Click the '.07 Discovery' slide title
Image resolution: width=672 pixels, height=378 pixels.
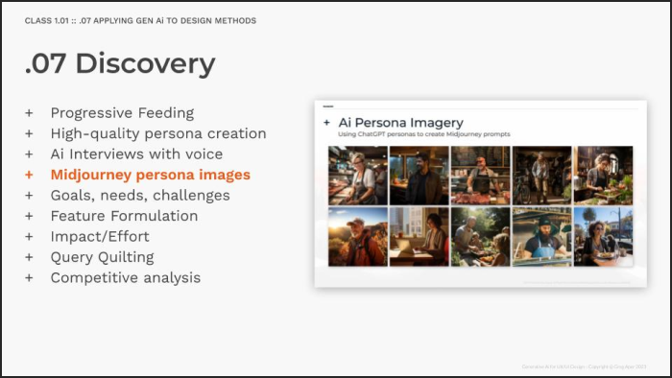tap(120, 63)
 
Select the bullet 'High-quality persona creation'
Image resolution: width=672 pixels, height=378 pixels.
tap(158, 133)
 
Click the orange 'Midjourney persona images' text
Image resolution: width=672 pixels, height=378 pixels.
tap(150, 175)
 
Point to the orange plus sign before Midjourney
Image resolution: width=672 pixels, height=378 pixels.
tap(29, 175)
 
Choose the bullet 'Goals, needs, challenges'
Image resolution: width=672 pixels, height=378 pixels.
tap(140, 196)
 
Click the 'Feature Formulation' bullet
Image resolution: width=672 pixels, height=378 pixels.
tap(124, 216)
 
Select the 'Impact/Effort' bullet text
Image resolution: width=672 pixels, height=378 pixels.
tap(100, 236)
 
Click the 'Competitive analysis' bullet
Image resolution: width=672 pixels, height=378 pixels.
tap(126, 277)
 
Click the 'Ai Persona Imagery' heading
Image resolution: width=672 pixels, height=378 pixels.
tap(400, 123)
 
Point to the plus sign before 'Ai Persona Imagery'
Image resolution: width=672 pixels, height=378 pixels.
tap(327, 123)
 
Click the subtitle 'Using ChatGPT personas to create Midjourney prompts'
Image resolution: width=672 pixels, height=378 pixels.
tap(415, 136)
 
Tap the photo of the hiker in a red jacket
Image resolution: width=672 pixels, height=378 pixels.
tap(357, 237)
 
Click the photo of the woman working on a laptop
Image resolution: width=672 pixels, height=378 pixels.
tap(419, 237)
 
